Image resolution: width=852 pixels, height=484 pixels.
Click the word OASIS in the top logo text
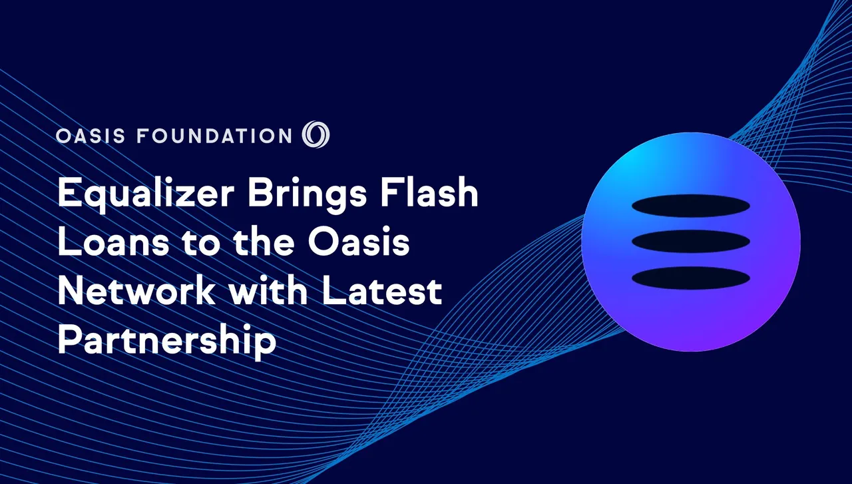(91, 136)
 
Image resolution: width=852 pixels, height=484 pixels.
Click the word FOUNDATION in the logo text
(214, 136)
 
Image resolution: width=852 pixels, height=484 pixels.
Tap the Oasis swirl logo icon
(316, 134)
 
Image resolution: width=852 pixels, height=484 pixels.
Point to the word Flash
(429, 192)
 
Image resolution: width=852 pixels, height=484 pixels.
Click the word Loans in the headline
(113, 242)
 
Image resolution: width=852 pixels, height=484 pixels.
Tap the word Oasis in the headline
(359, 242)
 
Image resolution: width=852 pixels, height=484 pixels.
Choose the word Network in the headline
(136, 291)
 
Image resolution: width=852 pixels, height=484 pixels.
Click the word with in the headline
(268, 291)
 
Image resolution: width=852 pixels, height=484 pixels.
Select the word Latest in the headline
(382, 292)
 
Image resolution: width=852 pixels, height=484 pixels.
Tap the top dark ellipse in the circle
(691, 206)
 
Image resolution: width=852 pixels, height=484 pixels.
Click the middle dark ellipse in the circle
(691, 241)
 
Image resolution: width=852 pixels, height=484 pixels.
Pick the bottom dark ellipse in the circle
(691, 278)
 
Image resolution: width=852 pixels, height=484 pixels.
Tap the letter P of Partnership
(69, 340)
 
